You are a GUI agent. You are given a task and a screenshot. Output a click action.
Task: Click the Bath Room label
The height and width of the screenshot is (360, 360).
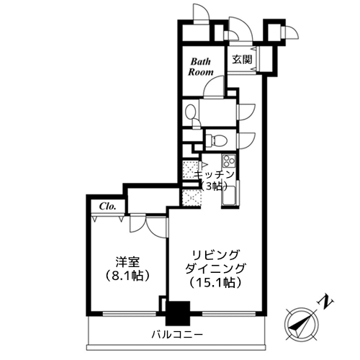click(x=201, y=67)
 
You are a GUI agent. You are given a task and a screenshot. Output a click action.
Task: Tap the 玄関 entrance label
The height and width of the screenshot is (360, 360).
click(x=242, y=60)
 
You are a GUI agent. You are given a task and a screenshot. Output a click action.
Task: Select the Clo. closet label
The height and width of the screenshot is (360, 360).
click(x=108, y=206)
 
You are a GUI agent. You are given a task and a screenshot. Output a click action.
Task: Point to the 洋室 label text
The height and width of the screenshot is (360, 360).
click(x=127, y=262)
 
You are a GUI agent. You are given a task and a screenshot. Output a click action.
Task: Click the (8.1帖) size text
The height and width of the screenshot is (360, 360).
click(x=127, y=276)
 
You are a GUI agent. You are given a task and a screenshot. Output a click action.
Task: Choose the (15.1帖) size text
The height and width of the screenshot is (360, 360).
click(x=215, y=283)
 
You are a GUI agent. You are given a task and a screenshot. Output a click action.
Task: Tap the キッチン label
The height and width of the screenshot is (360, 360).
click(x=214, y=175)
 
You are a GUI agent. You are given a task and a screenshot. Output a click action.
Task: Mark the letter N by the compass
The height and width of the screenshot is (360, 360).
click(x=325, y=303)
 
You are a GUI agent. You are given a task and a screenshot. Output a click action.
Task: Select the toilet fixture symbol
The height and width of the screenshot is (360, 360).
click(x=217, y=140)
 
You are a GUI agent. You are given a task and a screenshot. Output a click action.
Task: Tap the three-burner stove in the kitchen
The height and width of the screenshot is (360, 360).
click(x=229, y=161)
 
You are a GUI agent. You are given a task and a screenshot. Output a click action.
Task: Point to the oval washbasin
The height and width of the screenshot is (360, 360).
click(x=191, y=112)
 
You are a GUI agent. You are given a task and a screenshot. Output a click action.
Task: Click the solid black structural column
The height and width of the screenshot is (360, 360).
click(x=178, y=313)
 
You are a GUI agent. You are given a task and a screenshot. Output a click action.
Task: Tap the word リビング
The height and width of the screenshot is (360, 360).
click(x=215, y=255)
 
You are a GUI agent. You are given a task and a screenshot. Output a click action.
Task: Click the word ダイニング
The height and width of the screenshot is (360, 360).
click(x=215, y=269)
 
